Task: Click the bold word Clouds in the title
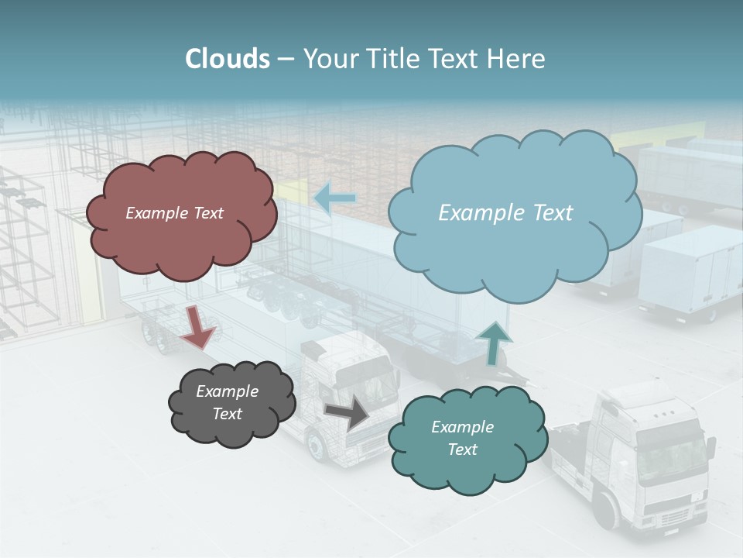tap(227, 59)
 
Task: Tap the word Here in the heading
tap(517, 59)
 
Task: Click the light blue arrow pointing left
tap(334, 198)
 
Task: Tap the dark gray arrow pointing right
tap(348, 412)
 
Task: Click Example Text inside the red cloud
tap(174, 213)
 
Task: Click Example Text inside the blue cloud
tap(505, 213)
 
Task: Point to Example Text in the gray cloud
tap(228, 402)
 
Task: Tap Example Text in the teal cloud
tap(462, 438)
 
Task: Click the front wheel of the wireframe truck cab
tap(317, 446)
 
